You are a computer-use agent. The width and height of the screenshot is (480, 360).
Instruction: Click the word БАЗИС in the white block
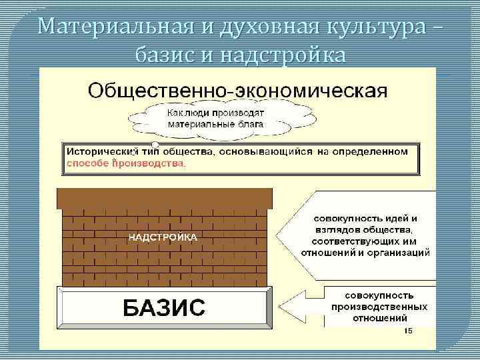pos(163,307)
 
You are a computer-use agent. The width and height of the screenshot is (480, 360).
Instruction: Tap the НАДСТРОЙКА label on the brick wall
pos(163,237)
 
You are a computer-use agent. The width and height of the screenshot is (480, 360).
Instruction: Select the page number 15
pos(408,331)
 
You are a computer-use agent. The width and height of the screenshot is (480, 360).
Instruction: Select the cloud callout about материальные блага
pos(215,118)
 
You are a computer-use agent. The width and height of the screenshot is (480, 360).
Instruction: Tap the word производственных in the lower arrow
pos(378,307)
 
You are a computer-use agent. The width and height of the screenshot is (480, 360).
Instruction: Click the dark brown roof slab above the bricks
pos(165,198)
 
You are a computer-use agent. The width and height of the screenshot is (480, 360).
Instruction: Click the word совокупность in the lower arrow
pos(379,295)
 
